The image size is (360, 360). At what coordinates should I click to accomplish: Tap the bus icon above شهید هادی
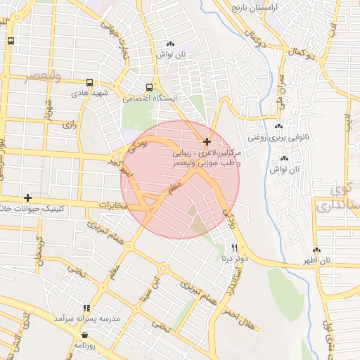pyautogui.click(x=89, y=82)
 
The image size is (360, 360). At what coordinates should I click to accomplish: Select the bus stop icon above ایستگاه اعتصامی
pyautogui.click(x=148, y=87)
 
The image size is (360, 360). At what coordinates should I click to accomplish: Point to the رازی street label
pyautogui.click(x=69, y=124)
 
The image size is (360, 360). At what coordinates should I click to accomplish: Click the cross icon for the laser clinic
pyautogui.click(x=207, y=142)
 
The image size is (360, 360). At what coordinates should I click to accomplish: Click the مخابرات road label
pyautogui.click(x=112, y=205)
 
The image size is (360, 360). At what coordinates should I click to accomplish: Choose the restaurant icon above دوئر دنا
pyautogui.click(x=235, y=247)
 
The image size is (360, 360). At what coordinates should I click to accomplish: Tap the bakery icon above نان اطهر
pyautogui.click(x=316, y=250)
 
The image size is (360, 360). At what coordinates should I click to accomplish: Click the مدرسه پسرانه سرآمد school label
pyautogui.click(x=87, y=319)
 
